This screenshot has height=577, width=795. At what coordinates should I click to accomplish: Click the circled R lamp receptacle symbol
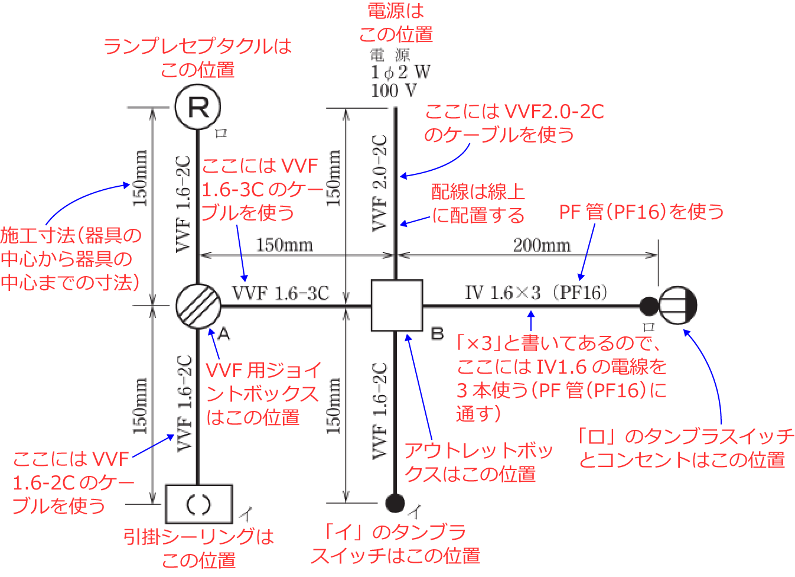coord(198,107)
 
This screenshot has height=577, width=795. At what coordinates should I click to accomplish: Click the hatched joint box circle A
coord(198,306)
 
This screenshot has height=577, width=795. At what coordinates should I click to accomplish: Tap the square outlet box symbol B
coord(396,306)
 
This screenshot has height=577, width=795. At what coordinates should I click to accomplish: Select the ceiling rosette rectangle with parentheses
coord(198,504)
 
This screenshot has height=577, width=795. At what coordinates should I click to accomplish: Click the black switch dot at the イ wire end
coord(395,503)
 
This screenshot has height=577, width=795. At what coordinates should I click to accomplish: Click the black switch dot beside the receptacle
coord(649,306)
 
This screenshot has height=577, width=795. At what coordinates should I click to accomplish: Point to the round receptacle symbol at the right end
coord(677,306)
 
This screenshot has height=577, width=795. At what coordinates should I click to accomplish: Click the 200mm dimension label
coord(541,245)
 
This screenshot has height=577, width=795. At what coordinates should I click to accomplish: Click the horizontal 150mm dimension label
coord(284,245)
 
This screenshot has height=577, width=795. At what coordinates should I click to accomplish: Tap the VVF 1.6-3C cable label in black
coord(280,293)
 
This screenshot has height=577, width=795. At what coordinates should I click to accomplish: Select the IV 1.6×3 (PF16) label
coord(536,293)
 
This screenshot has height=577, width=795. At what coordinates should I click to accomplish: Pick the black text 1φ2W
coord(400,72)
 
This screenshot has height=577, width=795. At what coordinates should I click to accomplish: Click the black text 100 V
coord(393,90)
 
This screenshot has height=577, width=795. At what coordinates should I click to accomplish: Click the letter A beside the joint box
coord(223,334)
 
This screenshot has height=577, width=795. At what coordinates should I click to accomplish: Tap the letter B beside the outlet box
coord(437,333)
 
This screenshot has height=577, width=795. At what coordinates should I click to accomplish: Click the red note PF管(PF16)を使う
coord(641,211)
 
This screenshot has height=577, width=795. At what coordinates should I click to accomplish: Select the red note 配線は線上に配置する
coord(478,203)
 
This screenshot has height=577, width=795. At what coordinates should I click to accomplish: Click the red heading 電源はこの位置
coord(396,22)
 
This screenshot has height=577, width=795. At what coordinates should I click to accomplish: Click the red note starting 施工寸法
coord(71,259)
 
